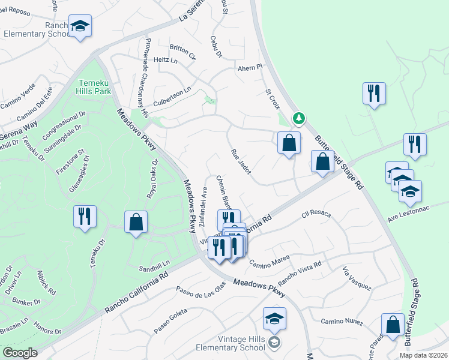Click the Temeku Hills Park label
[95, 87]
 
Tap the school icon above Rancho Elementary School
[80, 26]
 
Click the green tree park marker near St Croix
[298, 118]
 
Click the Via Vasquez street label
[356, 278]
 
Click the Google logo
[20, 353]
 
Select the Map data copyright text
[424, 355]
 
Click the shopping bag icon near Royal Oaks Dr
[136, 221]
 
